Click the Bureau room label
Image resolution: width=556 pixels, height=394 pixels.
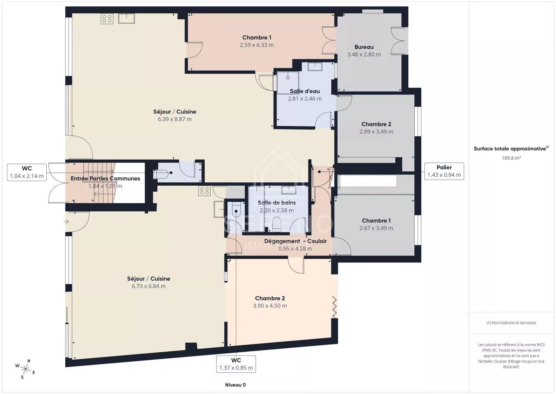tap(364, 47)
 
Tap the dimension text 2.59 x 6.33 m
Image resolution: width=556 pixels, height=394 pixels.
tap(257, 45)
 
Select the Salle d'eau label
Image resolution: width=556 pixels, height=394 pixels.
tap(305, 91)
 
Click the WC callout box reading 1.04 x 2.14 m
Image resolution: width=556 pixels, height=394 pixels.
tap(27, 172)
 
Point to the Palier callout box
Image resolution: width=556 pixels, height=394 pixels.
tap(444, 171)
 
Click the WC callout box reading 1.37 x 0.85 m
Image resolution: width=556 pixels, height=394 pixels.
tap(236, 364)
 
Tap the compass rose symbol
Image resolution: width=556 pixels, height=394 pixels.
tap(25, 369)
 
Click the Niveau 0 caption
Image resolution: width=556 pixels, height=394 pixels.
tap(235, 385)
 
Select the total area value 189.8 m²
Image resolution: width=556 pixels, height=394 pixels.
tap(511, 158)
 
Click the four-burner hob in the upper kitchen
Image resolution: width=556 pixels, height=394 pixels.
tap(107, 19)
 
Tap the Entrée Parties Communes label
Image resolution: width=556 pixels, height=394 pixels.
tap(105, 178)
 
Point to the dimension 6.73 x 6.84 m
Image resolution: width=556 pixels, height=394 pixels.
tap(149, 286)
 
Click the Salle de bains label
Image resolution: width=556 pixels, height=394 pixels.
tap(277, 203)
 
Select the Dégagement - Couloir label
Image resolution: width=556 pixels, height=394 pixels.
tap(295, 241)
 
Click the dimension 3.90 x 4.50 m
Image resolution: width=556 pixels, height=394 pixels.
tap(270, 306)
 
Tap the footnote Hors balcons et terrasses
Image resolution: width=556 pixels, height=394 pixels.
tap(511, 323)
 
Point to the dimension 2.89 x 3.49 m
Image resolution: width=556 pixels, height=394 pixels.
tap(376, 132)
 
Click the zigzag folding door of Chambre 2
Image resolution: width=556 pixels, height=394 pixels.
tap(334, 307)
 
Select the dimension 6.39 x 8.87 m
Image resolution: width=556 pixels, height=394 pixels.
tap(175, 119)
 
